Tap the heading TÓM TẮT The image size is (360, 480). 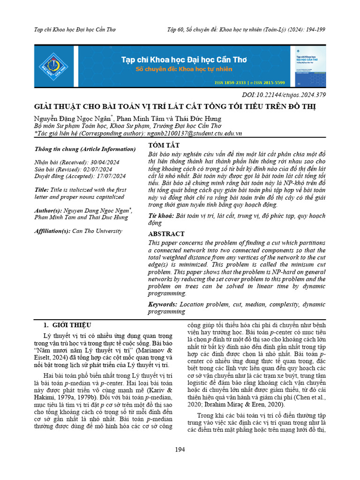tap(164, 145)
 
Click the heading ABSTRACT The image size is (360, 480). tap(166, 234)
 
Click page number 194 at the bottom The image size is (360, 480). tap(180, 450)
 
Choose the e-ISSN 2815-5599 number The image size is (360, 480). tap(274, 82)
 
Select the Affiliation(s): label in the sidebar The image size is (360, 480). tap(52, 231)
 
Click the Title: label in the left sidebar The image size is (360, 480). tap(42, 190)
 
